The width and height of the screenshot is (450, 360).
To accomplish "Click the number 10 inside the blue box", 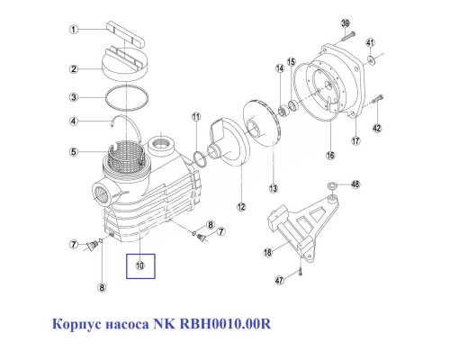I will [139, 265].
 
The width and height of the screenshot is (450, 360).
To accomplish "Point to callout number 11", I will [195, 118].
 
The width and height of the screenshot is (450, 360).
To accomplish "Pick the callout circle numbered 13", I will [274, 187].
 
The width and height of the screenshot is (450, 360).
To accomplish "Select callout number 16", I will [329, 155].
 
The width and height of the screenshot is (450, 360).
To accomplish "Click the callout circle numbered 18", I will [266, 254].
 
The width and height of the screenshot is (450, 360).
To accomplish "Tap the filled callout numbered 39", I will [344, 23].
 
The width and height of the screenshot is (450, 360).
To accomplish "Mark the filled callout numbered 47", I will [280, 281].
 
